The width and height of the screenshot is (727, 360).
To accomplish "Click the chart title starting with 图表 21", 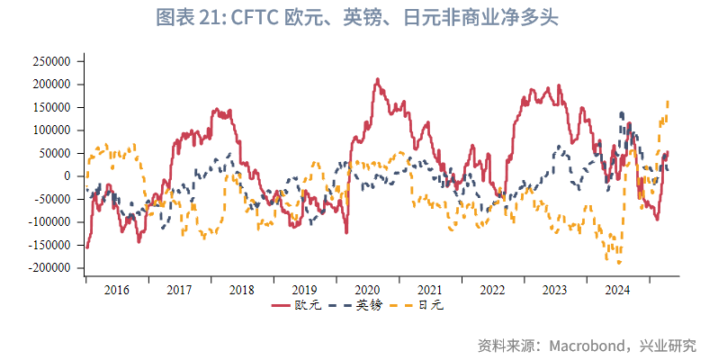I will click(x=357, y=19).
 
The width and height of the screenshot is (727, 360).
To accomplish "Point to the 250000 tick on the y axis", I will click(x=50, y=62).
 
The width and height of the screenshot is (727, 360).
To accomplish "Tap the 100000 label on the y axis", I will click(x=50, y=130).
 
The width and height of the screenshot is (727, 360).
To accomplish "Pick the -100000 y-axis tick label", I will click(x=49, y=222).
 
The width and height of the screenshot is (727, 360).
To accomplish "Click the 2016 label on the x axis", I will click(x=117, y=290).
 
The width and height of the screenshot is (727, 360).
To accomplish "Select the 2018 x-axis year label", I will click(x=241, y=290).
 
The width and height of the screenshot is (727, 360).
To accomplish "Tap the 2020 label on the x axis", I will click(x=367, y=290).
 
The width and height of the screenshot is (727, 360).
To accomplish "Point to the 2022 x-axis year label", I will click(x=492, y=290).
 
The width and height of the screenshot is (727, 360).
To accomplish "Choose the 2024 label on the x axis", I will click(x=617, y=290).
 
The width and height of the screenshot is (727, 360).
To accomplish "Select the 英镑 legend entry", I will click(x=358, y=306).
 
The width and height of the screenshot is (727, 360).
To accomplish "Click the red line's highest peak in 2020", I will click(x=376, y=80).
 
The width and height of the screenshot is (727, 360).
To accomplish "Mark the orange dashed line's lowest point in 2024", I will click(x=618, y=263).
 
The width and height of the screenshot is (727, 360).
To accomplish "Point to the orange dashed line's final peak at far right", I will click(x=667, y=102).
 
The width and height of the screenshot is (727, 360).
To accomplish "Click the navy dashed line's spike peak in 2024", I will click(x=622, y=113).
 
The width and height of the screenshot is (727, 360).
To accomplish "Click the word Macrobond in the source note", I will click(x=588, y=346).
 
